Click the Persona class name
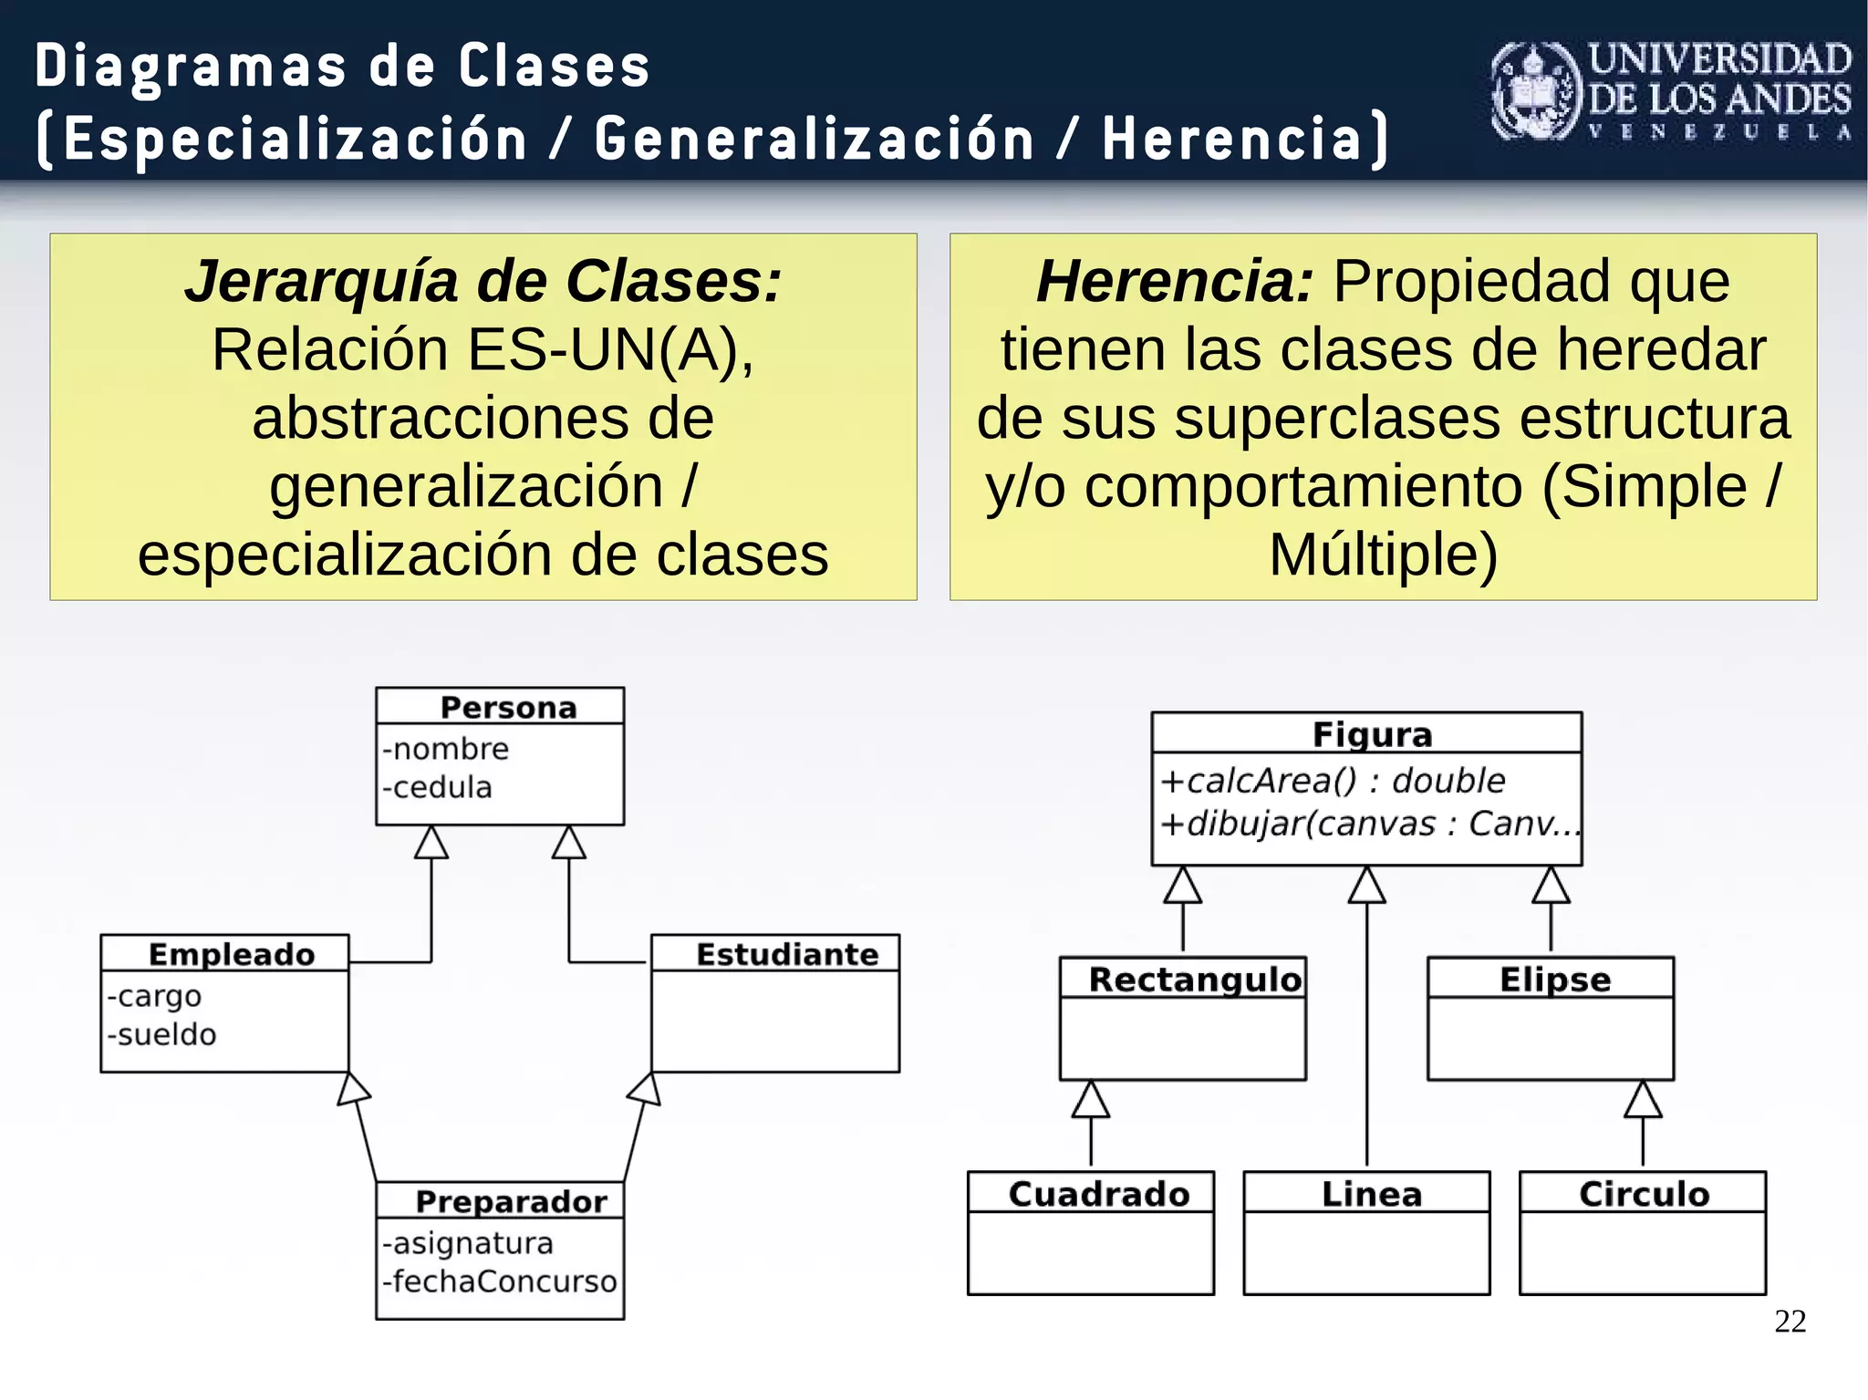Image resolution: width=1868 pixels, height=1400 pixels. [508, 708]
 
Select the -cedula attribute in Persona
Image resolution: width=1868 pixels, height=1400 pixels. [438, 787]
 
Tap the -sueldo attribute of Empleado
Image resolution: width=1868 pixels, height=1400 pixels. [162, 1034]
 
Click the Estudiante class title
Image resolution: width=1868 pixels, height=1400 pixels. [787, 954]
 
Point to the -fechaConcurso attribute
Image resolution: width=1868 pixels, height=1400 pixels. [500, 1281]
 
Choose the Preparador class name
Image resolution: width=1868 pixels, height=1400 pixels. [511, 1201]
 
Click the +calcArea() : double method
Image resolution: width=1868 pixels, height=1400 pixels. [1333, 781]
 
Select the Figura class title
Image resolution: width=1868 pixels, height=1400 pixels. [1372, 734]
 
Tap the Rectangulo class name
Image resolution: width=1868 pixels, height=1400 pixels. [1195, 980]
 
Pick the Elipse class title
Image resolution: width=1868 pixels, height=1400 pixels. [1555, 980]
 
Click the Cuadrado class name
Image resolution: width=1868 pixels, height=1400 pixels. [1099, 1194]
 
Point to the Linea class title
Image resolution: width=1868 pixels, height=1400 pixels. [1372, 1194]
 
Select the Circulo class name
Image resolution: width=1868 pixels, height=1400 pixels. [1644, 1194]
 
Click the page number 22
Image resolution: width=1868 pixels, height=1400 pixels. [1790, 1321]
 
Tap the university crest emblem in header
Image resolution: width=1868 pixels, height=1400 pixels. [1535, 91]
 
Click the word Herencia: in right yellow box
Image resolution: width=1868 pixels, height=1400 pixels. [1175, 281]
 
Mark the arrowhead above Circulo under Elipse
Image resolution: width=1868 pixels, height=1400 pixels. [1643, 1100]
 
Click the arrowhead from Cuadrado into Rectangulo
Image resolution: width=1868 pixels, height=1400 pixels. [1091, 1100]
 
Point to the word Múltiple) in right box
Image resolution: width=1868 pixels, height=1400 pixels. [1383, 555]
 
